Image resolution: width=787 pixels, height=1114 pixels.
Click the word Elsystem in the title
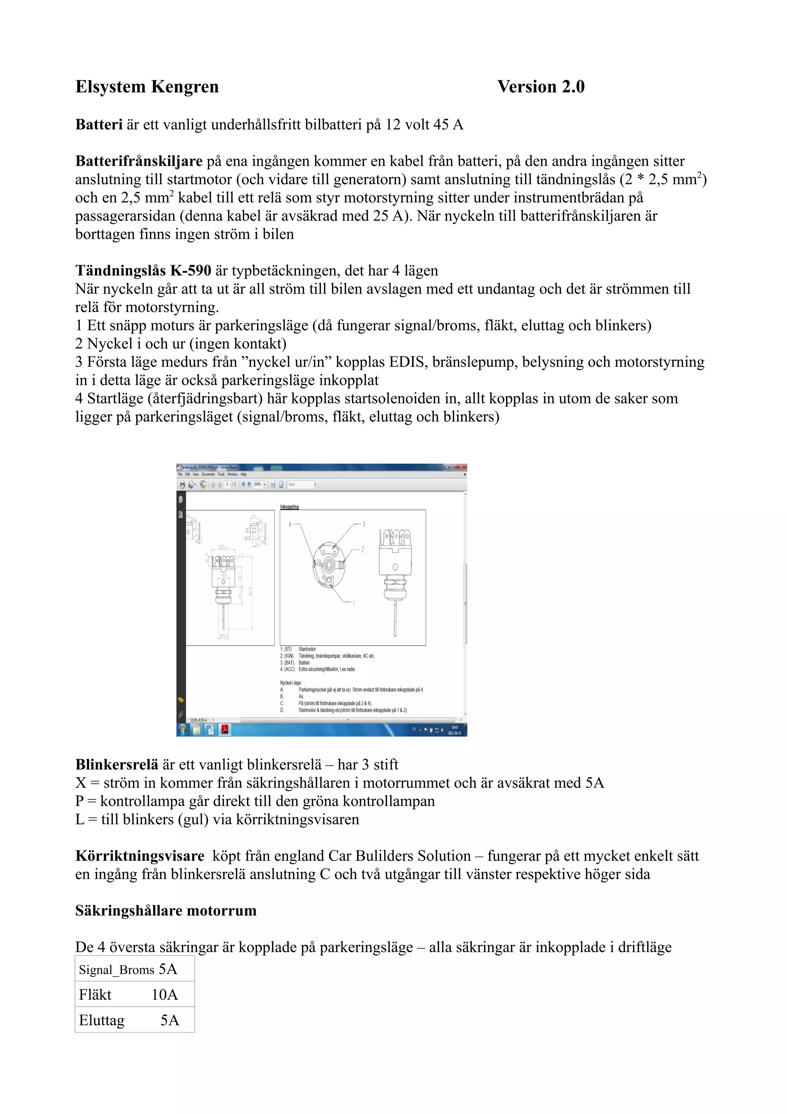[110, 87]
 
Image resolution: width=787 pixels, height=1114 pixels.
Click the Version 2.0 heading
[541, 87]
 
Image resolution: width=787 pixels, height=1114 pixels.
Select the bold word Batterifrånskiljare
[139, 161]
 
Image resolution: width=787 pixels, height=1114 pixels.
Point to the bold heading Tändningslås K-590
[143, 270]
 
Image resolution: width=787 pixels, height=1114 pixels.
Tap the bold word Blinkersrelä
[116, 764]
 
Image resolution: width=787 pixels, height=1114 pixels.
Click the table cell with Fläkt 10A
[134, 995]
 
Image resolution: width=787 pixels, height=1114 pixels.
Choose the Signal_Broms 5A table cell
[134, 969]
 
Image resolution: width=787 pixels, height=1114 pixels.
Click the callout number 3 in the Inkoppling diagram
[364, 524]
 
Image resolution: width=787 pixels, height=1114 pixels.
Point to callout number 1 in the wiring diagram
[354, 602]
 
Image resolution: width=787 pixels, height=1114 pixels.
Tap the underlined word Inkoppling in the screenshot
[289, 507]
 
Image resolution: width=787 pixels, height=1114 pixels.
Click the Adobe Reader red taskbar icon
[225, 730]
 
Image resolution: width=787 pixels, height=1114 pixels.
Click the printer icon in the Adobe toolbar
[182, 484]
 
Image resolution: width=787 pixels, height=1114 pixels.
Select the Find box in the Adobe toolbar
[301, 484]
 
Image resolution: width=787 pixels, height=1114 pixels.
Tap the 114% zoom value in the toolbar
[257, 484]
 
